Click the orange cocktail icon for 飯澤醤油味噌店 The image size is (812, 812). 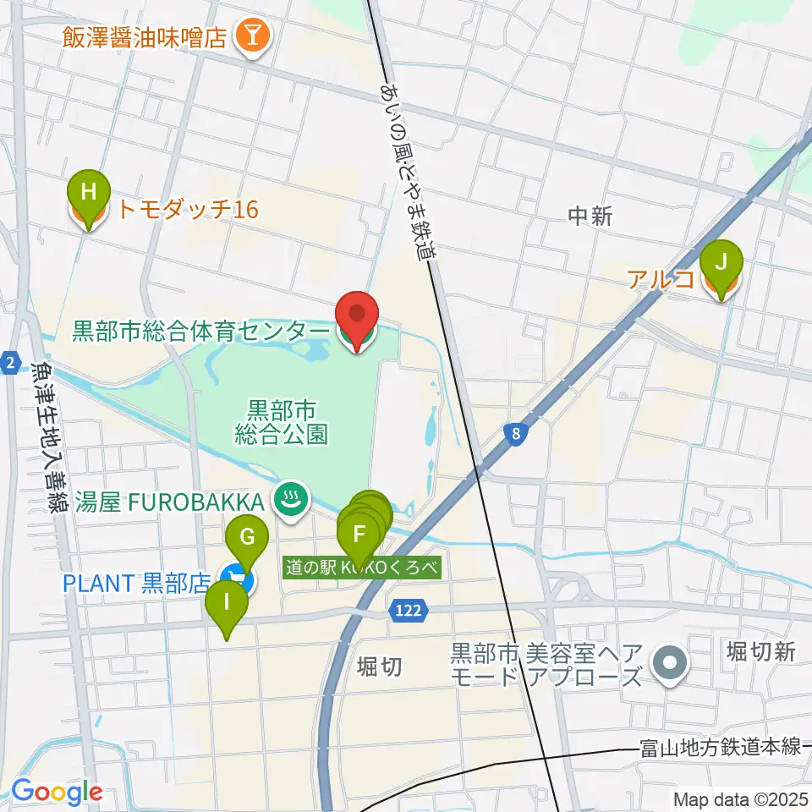251,36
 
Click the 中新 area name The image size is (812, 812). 590,217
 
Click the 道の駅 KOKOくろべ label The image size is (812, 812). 363,568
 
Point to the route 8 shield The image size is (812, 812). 516,433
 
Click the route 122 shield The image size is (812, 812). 403,610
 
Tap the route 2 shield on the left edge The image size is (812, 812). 9,363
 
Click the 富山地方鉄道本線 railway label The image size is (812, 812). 719,746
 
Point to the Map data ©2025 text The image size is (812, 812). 739,798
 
